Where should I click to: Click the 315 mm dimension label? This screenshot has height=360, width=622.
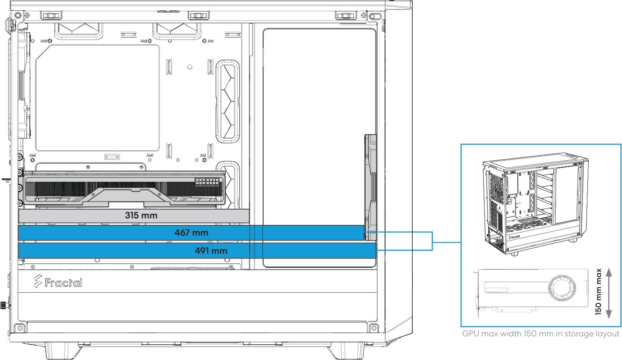[141, 215]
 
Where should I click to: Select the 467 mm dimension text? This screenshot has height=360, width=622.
[191, 233]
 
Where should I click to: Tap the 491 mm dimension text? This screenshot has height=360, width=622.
[211, 251]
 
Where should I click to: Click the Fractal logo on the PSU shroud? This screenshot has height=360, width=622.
[58, 281]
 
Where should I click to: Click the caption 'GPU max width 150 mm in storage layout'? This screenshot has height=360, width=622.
[541, 334]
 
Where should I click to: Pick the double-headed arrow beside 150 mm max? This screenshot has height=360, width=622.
[609, 293]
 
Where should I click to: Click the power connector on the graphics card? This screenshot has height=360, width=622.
[207, 182]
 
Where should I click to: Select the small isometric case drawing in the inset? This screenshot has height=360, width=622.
[535, 204]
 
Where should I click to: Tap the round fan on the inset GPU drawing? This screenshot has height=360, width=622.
[562, 288]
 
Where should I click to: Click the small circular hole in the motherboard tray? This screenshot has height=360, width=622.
[190, 67]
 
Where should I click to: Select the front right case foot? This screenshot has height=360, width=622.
[346, 351]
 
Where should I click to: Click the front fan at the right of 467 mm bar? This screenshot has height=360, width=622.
[371, 187]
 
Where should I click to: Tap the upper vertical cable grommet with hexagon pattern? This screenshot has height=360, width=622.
[228, 101]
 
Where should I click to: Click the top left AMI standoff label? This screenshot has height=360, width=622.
[44, 41]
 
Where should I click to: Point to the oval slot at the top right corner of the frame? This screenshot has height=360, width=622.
[375, 16]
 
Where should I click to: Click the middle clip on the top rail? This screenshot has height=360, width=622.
[199, 16]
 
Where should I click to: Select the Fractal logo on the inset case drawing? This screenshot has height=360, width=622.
[514, 237]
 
